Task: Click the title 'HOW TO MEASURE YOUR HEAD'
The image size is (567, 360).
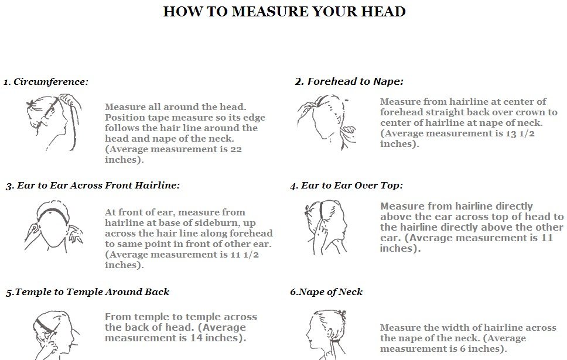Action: coord(284,12)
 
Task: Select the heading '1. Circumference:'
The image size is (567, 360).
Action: coord(46,82)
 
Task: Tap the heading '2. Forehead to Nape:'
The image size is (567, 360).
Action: coord(349,82)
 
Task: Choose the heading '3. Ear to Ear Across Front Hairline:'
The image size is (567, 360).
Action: coord(93,186)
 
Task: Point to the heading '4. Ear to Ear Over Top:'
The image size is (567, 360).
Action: coord(346,186)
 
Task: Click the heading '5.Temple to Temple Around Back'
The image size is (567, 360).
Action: coord(87,292)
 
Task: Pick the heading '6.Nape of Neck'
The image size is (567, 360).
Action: coord(326,292)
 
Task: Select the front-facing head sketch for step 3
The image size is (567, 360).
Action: coord(54,227)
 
